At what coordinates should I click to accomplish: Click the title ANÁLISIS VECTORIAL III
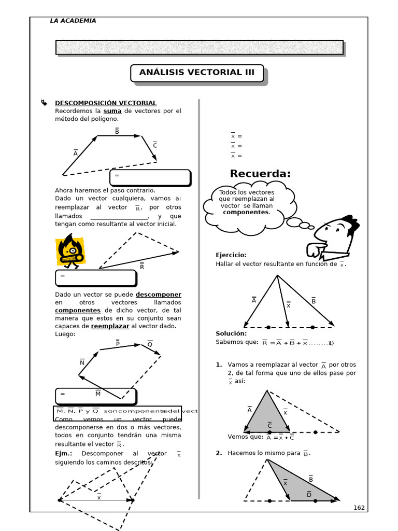coord(196,73)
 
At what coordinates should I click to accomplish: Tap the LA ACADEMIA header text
coord(73,21)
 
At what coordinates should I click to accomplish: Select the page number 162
coord(359,508)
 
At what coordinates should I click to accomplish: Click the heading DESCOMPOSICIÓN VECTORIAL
coord(106,103)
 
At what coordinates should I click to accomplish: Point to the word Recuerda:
coord(260,174)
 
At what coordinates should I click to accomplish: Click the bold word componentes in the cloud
coord(246,212)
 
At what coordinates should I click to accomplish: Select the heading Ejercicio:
coord(231,255)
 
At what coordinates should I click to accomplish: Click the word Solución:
coord(231,333)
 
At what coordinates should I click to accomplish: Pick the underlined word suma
coord(112,111)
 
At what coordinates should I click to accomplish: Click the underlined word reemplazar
coord(110,326)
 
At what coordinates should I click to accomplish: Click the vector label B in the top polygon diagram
coord(117,132)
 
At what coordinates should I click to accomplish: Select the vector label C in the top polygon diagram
coord(155,146)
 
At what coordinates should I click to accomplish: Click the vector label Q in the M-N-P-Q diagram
coord(150,344)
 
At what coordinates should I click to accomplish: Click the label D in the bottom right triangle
coord(309,495)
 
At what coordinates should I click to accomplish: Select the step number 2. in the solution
coord(219,453)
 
